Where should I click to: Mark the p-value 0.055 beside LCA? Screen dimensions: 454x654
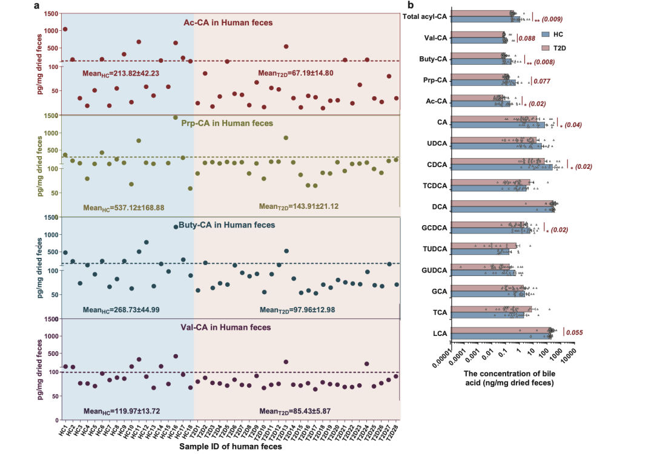pos(580,332)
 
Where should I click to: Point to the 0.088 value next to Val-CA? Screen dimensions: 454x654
pos(527,39)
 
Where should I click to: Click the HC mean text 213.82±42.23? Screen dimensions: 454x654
pos(120,73)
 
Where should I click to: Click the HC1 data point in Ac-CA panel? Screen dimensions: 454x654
pos(65,29)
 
